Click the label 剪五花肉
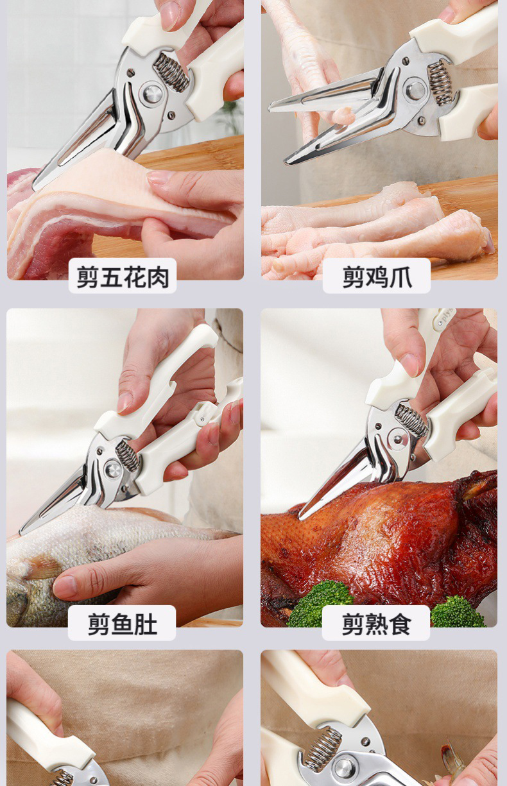tap(123, 277)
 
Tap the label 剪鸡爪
tap(377, 277)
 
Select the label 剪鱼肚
tap(122, 624)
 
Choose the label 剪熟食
tap(376, 624)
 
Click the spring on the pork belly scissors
tap(171, 72)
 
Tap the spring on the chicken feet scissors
tap(438, 83)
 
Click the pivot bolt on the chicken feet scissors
tap(416, 90)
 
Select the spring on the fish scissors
tap(128, 456)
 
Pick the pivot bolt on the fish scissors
tap(113, 469)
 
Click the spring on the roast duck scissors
tap(411, 420)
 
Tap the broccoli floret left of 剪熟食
tap(320, 603)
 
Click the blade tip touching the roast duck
tap(301, 518)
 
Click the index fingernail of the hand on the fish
tap(65, 586)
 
